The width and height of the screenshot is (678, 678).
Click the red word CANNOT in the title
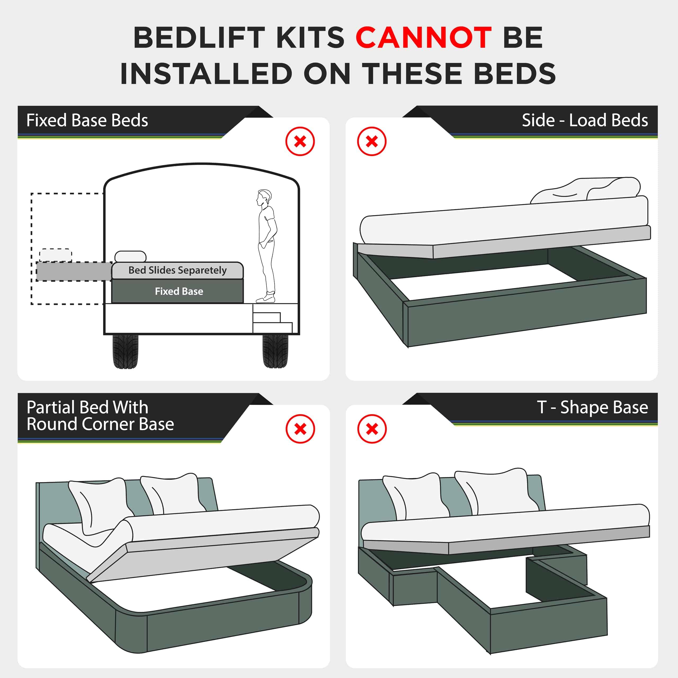(x=423, y=38)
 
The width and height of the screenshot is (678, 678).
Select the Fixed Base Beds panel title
(x=87, y=120)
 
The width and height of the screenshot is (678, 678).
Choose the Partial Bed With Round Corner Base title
(x=100, y=416)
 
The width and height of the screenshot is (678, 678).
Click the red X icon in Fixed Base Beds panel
(x=300, y=141)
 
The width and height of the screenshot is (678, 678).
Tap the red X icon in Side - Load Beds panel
(x=372, y=141)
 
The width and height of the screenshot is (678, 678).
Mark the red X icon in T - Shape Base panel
(x=372, y=429)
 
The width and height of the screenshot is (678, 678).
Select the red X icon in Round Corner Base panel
(x=300, y=429)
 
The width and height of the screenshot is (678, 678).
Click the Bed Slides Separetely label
(x=177, y=270)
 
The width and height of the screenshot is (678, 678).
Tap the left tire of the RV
(x=125, y=351)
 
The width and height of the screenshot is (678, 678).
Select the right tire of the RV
(x=275, y=351)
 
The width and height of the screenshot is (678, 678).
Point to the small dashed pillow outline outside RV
(x=55, y=255)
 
